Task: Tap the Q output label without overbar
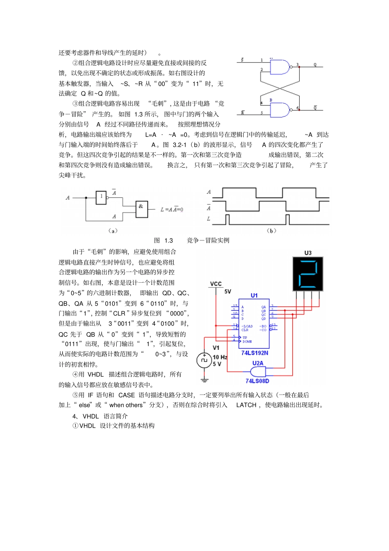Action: [x=315, y=65]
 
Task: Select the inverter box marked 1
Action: [x=101, y=197]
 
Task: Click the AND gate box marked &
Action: [x=141, y=209]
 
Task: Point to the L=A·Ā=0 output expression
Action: [x=172, y=209]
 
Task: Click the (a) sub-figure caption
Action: [x=113, y=231]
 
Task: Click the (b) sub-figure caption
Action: [x=271, y=231]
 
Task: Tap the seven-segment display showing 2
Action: [x=308, y=274]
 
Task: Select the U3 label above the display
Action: [x=308, y=253]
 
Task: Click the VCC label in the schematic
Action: [x=216, y=283]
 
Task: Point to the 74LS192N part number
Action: [x=255, y=353]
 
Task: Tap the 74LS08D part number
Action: [x=257, y=381]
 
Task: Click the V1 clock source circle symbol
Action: [x=204, y=360]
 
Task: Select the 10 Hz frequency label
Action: [x=220, y=357]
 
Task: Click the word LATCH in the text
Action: [x=246, y=405]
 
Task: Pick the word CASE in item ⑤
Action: [x=127, y=395]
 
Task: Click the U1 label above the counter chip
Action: [x=254, y=295]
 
